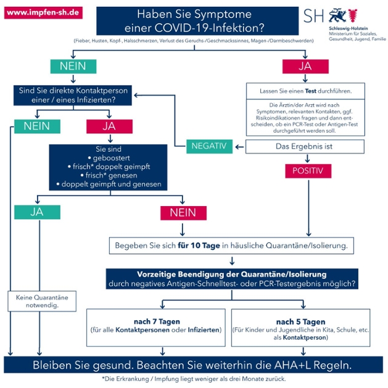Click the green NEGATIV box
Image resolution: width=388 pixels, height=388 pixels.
click(x=209, y=146)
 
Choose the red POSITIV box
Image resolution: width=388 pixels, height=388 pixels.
click(x=307, y=170)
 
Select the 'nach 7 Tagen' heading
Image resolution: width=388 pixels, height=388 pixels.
click(x=156, y=321)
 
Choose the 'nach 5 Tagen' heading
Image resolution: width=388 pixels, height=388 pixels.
click(x=300, y=321)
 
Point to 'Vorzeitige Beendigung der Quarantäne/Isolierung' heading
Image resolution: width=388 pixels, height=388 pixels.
click(x=231, y=274)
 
